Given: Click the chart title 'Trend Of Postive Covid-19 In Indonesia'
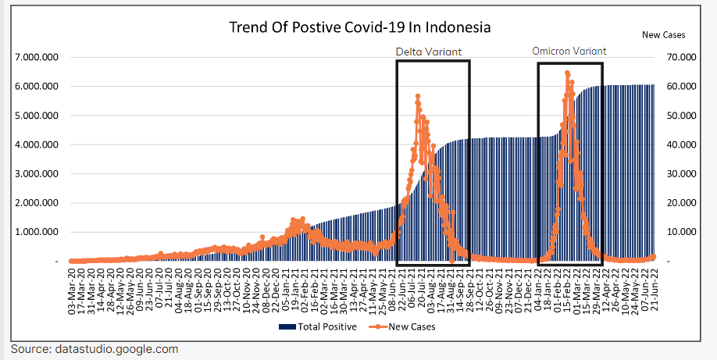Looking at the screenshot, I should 359,27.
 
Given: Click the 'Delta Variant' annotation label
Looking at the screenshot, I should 428,52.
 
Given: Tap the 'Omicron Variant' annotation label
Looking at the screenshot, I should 569,51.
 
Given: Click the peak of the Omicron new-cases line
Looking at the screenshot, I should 567,73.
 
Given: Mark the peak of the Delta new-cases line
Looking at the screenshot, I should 418,96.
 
